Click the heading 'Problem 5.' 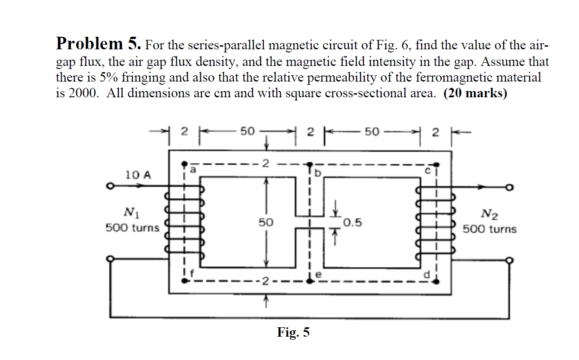[x=99, y=44]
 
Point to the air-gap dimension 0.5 [x=353, y=223]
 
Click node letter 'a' [x=193, y=170]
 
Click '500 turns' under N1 [x=132, y=228]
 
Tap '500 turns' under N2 [x=489, y=229]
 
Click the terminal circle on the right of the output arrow [x=509, y=188]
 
